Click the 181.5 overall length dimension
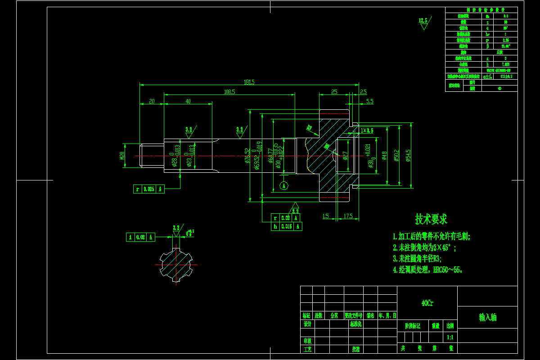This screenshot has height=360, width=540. [x=249, y=82]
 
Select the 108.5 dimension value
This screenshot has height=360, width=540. [x=229, y=92]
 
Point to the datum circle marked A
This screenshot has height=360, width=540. [x=283, y=185]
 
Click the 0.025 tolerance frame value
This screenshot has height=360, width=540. [x=148, y=189]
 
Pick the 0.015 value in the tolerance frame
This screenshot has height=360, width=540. [x=286, y=227]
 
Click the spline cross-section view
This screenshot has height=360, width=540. [x=176, y=265]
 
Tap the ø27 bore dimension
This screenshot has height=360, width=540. [x=345, y=155]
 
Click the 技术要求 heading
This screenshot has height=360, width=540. [x=431, y=219]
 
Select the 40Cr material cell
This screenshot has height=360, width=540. [x=427, y=303]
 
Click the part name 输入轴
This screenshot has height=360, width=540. [x=487, y=317]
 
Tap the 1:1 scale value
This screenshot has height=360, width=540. [x=450, y=337]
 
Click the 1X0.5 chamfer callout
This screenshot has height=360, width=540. [x=367, y=130]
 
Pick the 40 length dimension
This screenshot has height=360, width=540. [x=188, y=101]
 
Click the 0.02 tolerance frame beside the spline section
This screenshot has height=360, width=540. [x=140, y=237]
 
